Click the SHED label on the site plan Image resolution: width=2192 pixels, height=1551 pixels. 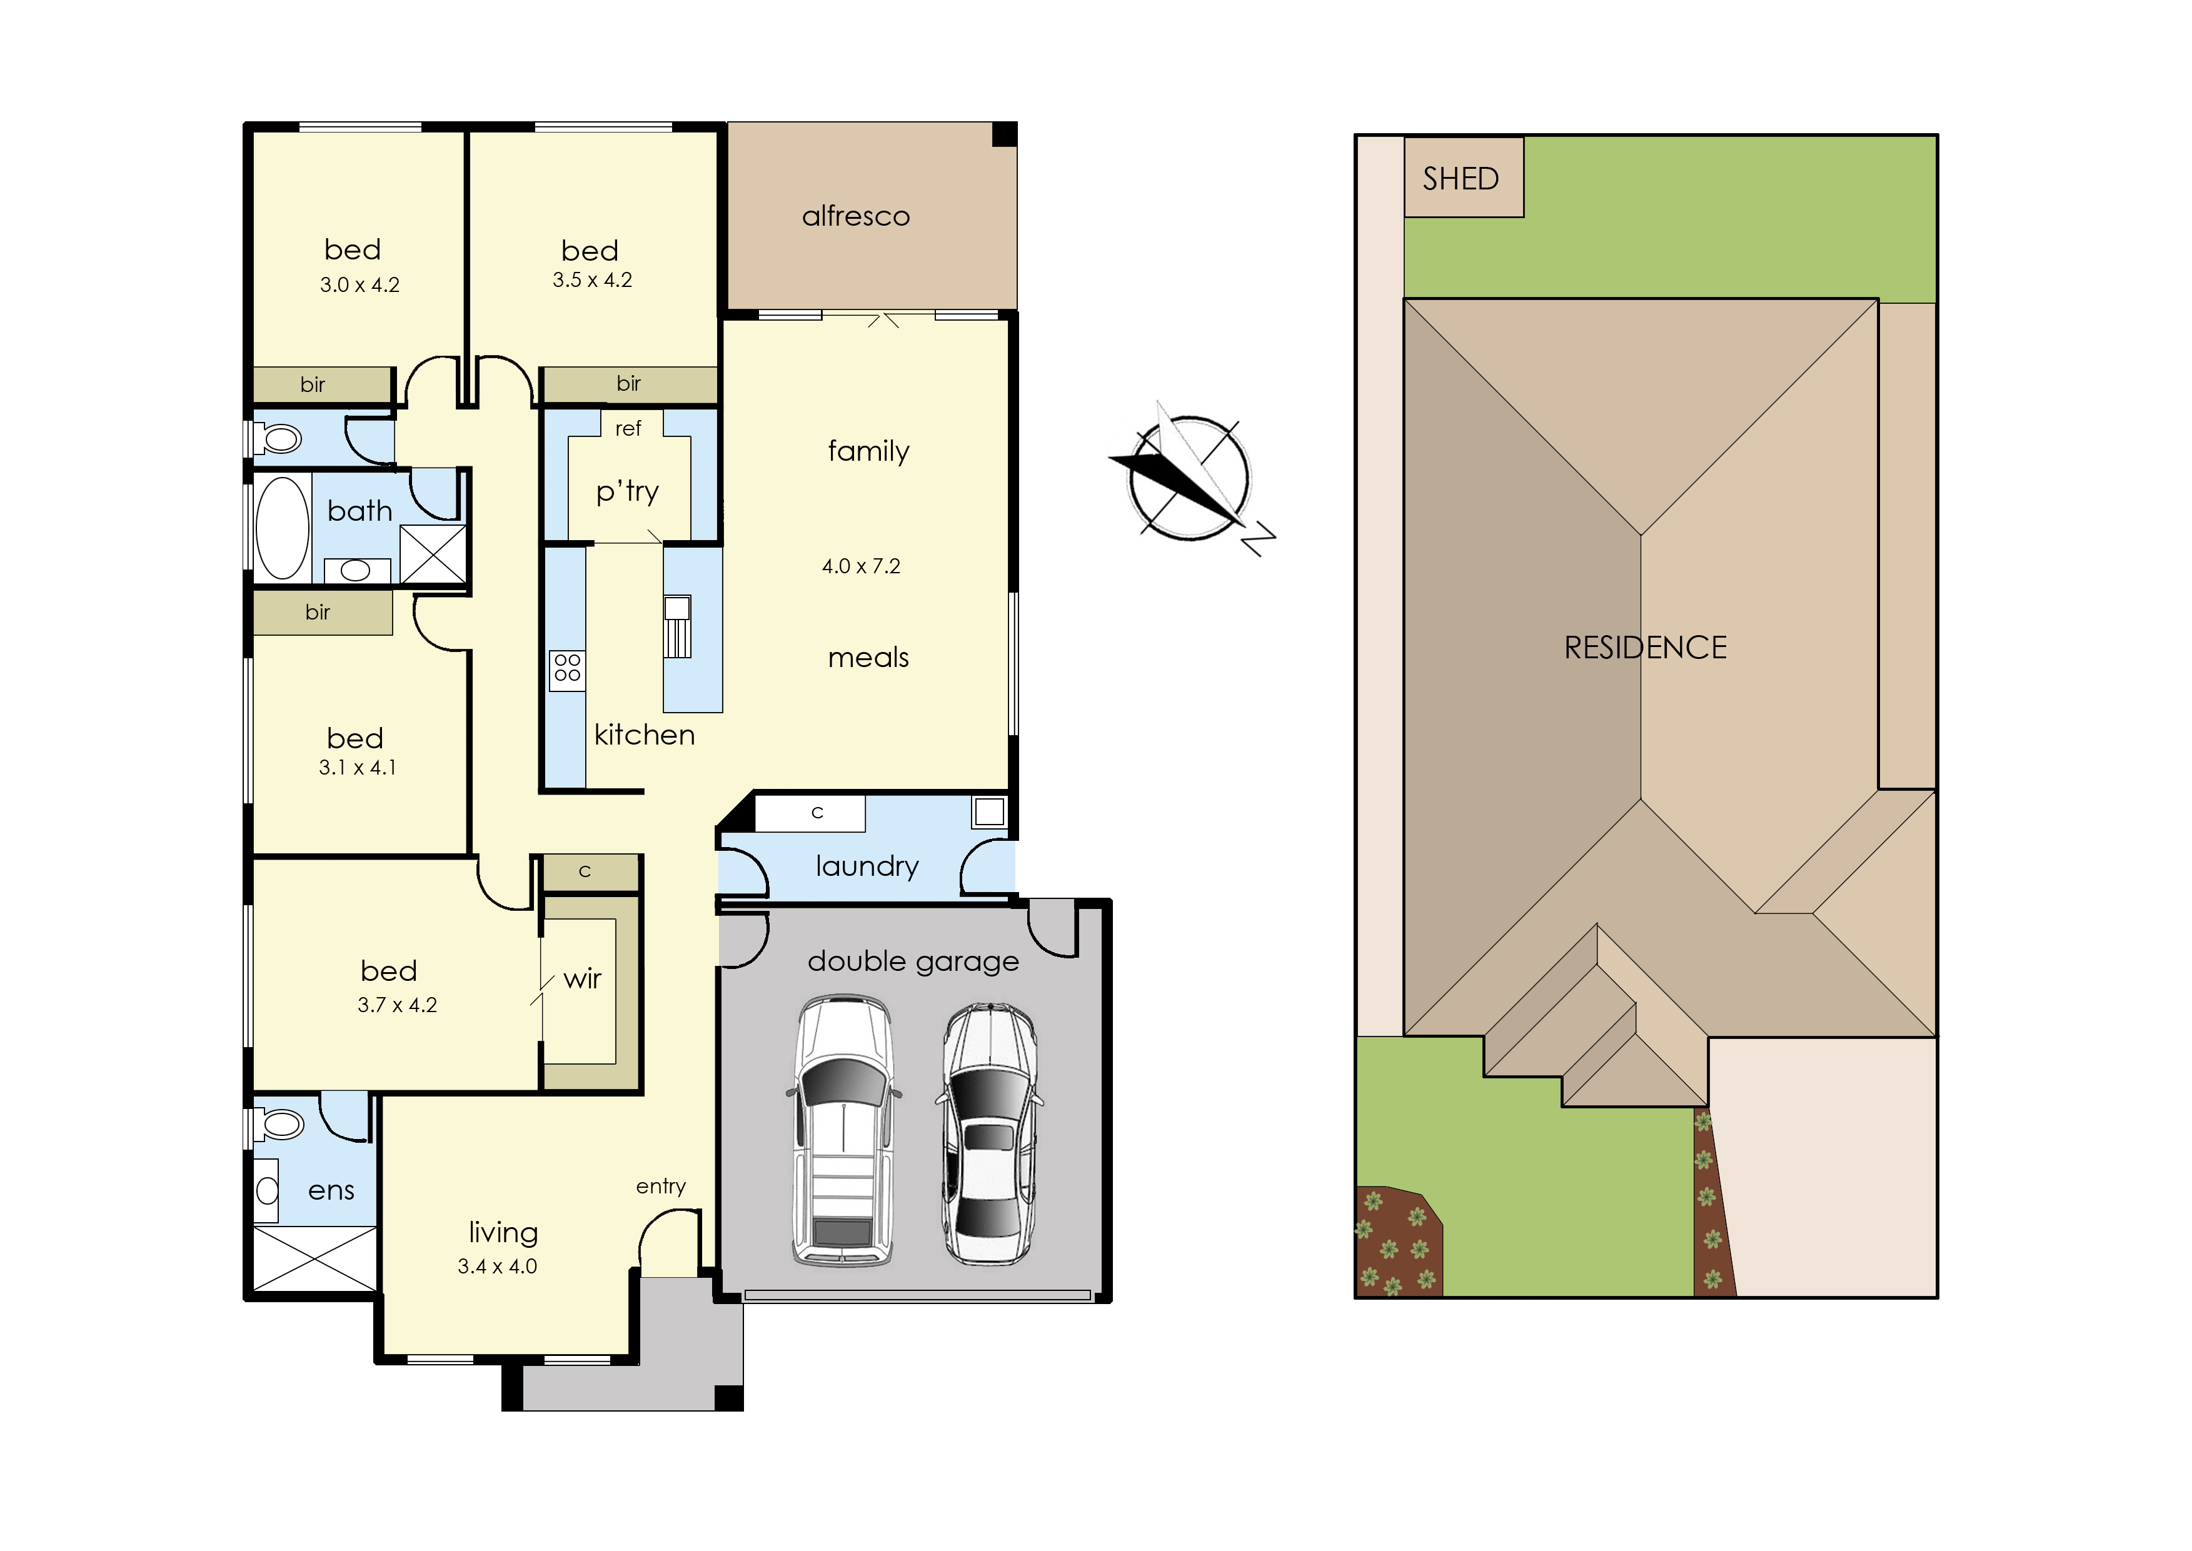[1460, 179]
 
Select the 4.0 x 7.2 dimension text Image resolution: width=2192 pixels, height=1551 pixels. [860, 566]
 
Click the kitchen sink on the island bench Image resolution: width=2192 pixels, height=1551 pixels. [677, 626]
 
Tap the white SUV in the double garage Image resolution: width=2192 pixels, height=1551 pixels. [843, 1131]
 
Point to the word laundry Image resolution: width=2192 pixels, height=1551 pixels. [867, 866]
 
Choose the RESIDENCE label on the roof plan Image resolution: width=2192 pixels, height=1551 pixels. [1645, 648]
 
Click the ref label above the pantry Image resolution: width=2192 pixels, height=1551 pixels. [628, 429]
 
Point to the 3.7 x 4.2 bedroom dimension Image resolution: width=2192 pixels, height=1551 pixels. [398, 1005]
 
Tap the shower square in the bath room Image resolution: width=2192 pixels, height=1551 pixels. [433, 554]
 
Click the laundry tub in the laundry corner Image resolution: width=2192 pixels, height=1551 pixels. [990, 812]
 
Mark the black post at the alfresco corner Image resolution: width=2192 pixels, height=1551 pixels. [1005, 134]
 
